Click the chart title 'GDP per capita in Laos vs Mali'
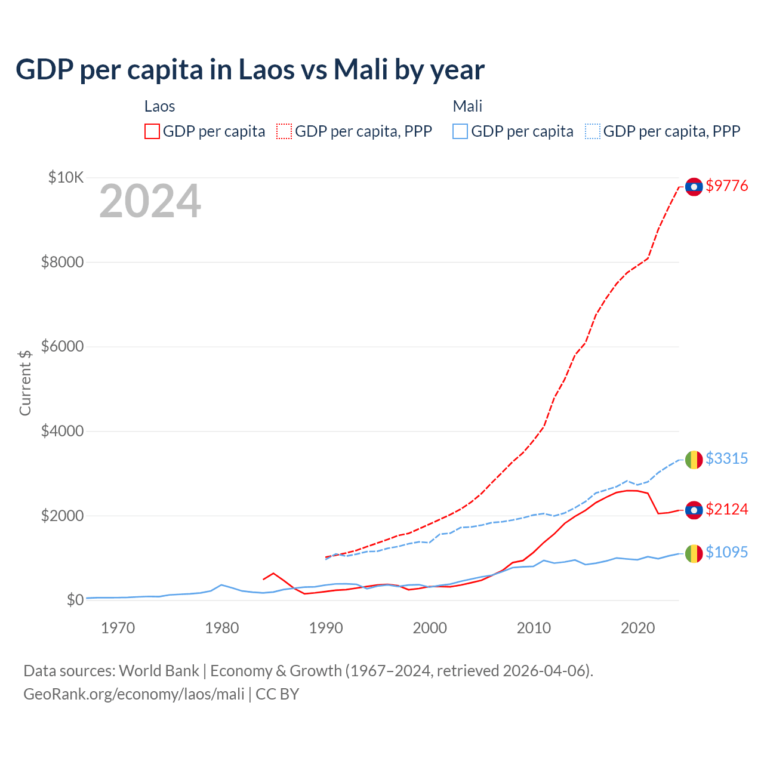pyautogui.click(x=249, y=70)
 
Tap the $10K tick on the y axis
pyautogui.click(x=66, y=177)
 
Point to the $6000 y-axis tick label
pyautogui.click(x=62, y=346)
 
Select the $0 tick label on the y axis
pyautogui.click(x=75, y=600)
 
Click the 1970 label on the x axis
pyautogui.click(x=118, y=628)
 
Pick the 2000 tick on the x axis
pyautogui.click(x=430, y=628)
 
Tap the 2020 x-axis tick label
pyautogui.click(x=637, y=628)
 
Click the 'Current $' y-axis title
pyautogui.click(x=25, y=383)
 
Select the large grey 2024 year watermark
pyautogui.click(x=150, y=202)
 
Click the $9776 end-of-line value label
pyautogui.click(x=726, y=186)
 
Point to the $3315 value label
pyautogui.click(x=726, y=458)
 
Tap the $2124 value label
pyautogui.click(x=726, y=509)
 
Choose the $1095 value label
pyautogui.click(x=726, y=552)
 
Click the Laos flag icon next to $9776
pyautogui.click(x=694, y=187)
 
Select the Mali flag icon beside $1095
pyautogui.click(x=694, y=553)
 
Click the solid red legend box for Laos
pyautogui.click(x=152, y=131)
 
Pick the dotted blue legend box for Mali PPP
pyautogui.click(x=593, y=131)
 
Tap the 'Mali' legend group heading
pyautogui.click(x=467, y=106)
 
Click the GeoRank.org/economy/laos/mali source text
pyautogui.click(x=134, y=694)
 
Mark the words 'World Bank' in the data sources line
pyautogui.click(x=159, y=671)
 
